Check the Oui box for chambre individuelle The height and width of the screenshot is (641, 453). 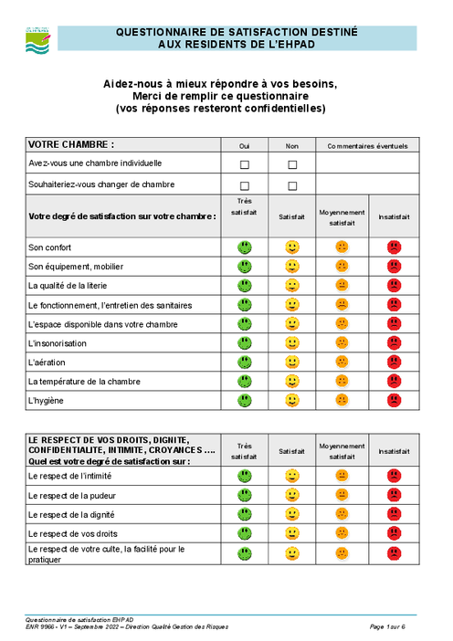pyautogui.click(x=244, y=164)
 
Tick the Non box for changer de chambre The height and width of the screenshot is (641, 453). pyautogui.click(x=292, y=186)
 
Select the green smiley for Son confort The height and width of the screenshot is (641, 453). pyautogui.click(x=244, y=247)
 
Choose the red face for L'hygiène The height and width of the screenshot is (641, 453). pyautogui.click(x=394, y=400)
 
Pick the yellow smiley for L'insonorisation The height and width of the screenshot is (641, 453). pyautogui.click(x=292, y=343)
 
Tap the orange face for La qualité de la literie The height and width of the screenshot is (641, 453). pyautogui.click(x=342, y=285)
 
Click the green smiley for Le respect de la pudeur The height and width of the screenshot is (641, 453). pyautogui.click(x=244, y=495)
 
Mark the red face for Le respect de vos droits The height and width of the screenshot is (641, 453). pyautogui.click(x=394, y=533)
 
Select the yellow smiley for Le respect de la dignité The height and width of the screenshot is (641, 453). pyautogui.click(x=292, y=514)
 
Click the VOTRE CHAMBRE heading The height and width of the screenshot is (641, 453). pyautogui.click(x=71, y=144)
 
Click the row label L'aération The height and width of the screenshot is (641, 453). pyautogui.click(x=48, y=363)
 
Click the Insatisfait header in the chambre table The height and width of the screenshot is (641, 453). pyautogui.click(x=394, y=217)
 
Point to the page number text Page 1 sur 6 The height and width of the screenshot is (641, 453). pyautogui.click(x=388, y=627)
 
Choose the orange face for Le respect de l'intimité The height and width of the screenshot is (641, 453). pyautogui.click(x=342, y=476)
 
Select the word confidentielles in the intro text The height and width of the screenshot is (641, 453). pyautogui.click(x=279, y=109)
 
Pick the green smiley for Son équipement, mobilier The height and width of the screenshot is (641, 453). pyautogui.click(x=244, y=267)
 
